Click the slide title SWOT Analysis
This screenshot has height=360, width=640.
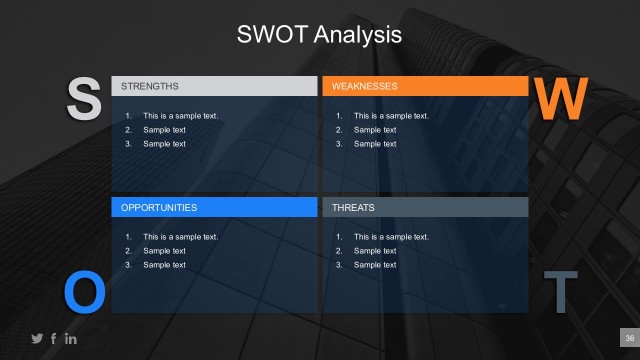pyautogui.click(x=319, y=35)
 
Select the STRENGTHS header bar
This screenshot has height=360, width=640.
pyautogui.click(x=213, y=86)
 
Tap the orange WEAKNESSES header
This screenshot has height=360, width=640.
pyautogui.click(x=424, y=86)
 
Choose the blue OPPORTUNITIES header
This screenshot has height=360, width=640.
pyautogui.click(x=213, y=207)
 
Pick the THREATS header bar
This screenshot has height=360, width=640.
pyautogui.click(x=424, y=207)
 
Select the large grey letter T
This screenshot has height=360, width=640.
pyautogui.click(x=560, y=291)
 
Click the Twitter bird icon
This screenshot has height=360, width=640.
pyautogui.click(x=38, y=339)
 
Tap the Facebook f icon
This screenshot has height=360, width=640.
pyautogui.click(x=54, y=339)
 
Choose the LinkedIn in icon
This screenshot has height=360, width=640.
pyautogui.click(x=70, y=339)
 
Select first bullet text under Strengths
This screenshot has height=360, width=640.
pyautogui.click(x=180, y=116)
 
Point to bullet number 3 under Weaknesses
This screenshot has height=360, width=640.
pyautogui.click(x=339, y=144)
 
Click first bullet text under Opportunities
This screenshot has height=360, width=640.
pyautogui.click(x=180, y=237)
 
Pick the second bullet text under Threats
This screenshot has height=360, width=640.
pyautogui.click(x=375, y=251)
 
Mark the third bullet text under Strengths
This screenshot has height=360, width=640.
pyautogui.click(x=164, y=144)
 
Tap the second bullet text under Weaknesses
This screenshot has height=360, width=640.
pyautogui.click(x=375, y=130)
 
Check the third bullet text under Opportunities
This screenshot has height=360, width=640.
pyautogui.click(x=164, y=265)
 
